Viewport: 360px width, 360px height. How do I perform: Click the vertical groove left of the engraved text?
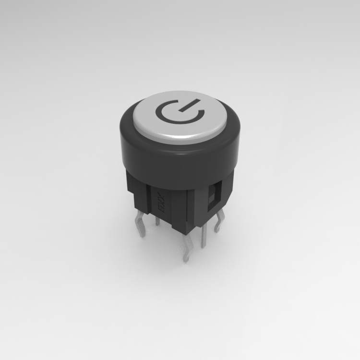click(x=149, y=202)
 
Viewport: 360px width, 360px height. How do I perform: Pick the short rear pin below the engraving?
click(x=157, y=220)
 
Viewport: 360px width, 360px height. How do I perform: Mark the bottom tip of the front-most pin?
click(x=186, y=261)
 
